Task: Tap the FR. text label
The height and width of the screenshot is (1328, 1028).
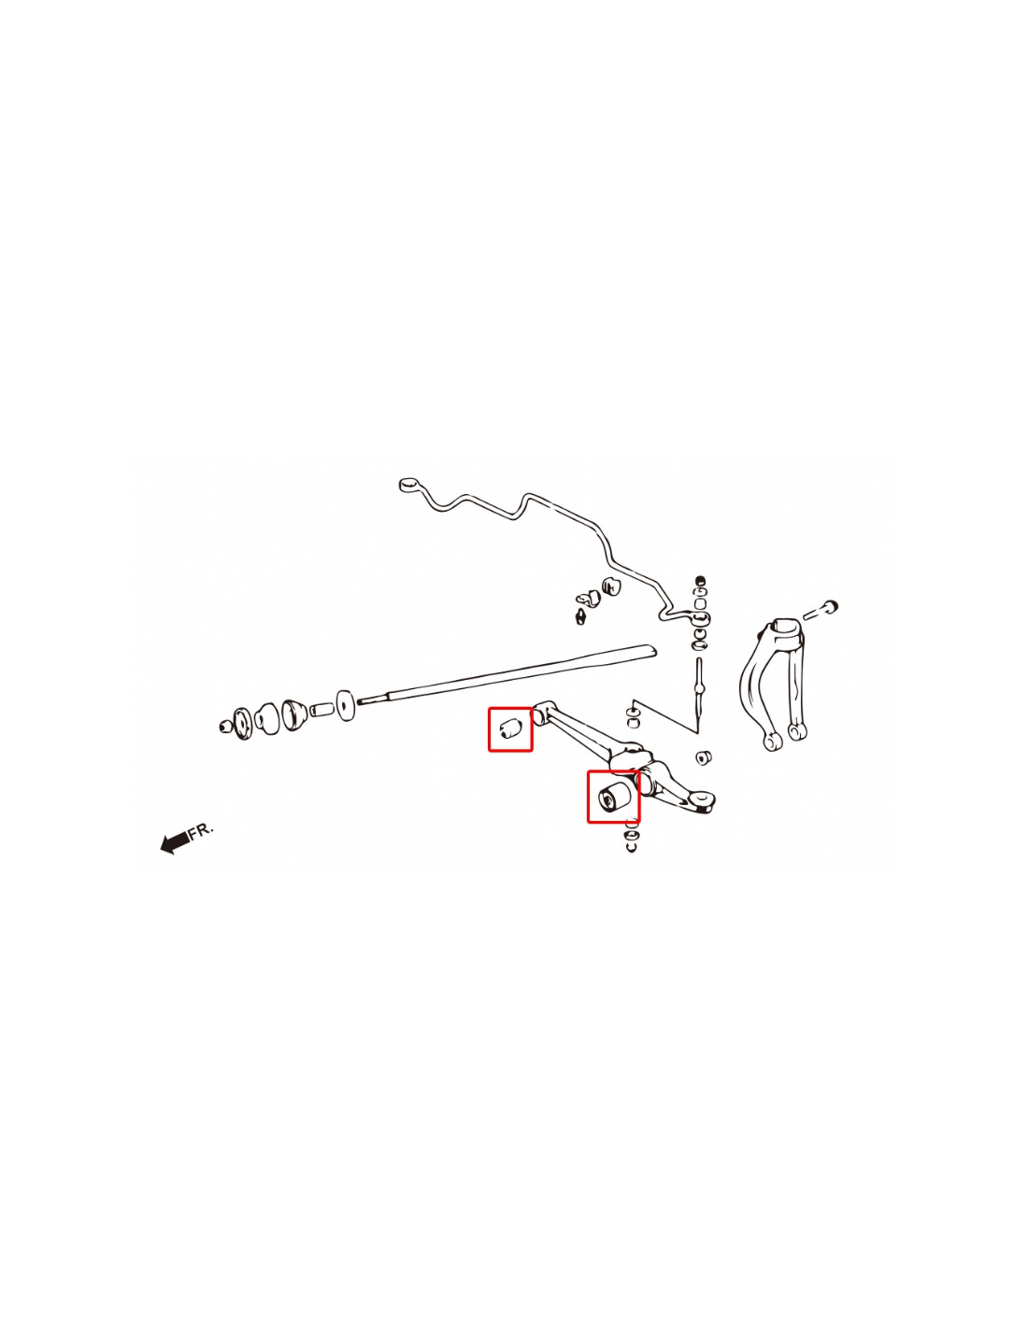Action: click(x=201, y=829)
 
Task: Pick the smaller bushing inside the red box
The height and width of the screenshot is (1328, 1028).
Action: click(x=508, y=728)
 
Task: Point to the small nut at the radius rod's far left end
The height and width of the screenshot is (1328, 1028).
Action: click(x=225, y=726)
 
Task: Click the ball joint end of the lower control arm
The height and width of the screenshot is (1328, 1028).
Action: click(x=704, y=801)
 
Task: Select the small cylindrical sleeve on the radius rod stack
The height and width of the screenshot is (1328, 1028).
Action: click(x=321, y=710)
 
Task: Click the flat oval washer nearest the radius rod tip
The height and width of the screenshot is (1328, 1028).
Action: click(x=346, y=705)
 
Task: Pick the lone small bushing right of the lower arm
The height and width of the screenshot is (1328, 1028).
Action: click(x=704, y=756)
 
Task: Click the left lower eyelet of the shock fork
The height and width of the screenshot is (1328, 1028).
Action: click(x=772, y=740)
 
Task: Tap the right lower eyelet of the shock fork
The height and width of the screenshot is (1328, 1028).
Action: click(x=795, y=731)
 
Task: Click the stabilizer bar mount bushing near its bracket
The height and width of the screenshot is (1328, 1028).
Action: click(x=611, y=586)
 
